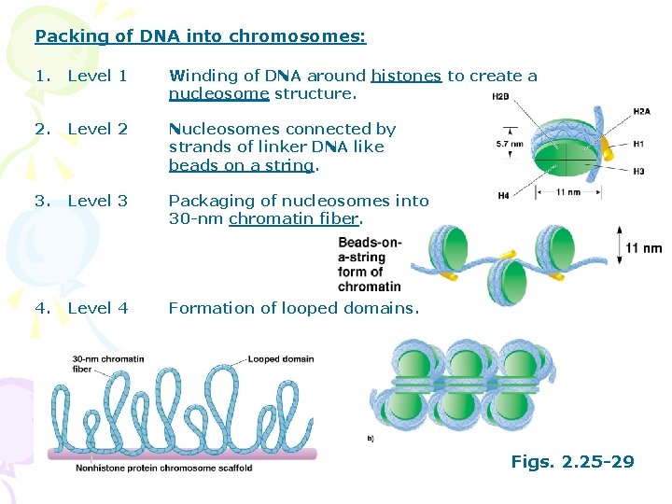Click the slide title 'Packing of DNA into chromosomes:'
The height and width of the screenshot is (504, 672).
[200, 37]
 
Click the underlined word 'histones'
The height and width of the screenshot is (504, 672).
[406, 77]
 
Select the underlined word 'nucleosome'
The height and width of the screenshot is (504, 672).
[218, 93]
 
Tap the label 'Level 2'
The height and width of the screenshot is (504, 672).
[97, 129]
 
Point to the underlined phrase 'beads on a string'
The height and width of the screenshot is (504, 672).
[242, 165]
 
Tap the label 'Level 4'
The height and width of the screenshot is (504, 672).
[97, 308]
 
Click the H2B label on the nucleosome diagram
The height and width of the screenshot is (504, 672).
[500, 95]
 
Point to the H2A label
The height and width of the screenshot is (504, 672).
[641, 111]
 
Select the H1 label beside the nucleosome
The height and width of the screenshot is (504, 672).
[638, 145]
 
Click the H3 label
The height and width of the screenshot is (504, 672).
[638, 172]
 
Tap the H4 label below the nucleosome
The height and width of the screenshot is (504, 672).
[504, 195]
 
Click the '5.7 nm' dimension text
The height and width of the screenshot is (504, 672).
[511, 145]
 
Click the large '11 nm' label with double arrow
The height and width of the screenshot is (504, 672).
[643, 248]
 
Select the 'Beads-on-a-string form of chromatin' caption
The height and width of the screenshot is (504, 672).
[370, 264]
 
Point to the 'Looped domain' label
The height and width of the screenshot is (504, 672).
[281, 359]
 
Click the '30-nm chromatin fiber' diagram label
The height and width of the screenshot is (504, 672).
[108, 364]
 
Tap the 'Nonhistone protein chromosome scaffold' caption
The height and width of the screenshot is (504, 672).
[164, 469]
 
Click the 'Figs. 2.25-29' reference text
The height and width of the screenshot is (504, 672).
[572, 461]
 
